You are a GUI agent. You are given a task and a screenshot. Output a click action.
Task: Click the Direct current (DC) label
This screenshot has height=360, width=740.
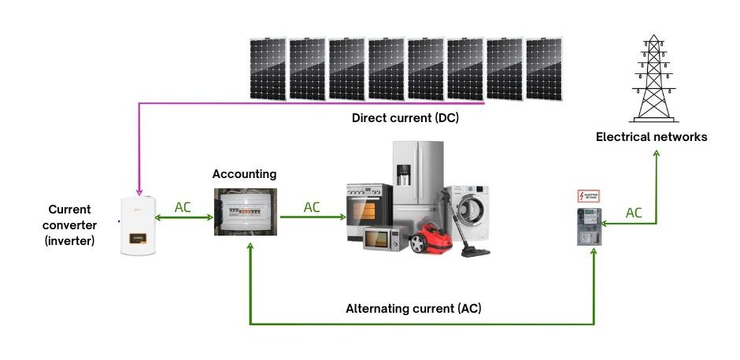coord(405,119)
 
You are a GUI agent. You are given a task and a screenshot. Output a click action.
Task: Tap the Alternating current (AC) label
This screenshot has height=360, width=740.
coord(413,309)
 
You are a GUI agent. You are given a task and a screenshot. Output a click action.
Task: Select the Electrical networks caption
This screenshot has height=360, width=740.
coord(651,137)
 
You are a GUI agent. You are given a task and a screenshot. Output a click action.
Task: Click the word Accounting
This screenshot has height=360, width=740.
coord(244,173)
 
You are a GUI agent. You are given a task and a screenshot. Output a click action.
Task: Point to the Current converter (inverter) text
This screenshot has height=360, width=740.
coord(70,225)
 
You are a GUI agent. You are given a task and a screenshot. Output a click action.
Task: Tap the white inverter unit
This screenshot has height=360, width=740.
coord(139,226)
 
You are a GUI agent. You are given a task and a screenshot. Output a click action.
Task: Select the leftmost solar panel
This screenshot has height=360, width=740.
coord(268,69)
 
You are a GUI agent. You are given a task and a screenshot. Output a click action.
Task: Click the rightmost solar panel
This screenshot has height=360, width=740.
coord(544,69)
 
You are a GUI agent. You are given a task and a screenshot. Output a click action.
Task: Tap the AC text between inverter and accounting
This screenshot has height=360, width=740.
coord(183,207)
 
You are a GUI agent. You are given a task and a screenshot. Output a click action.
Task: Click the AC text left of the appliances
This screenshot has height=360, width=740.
coord(312,207)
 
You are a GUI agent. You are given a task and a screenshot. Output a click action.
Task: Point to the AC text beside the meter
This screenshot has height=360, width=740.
coord(635,213)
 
